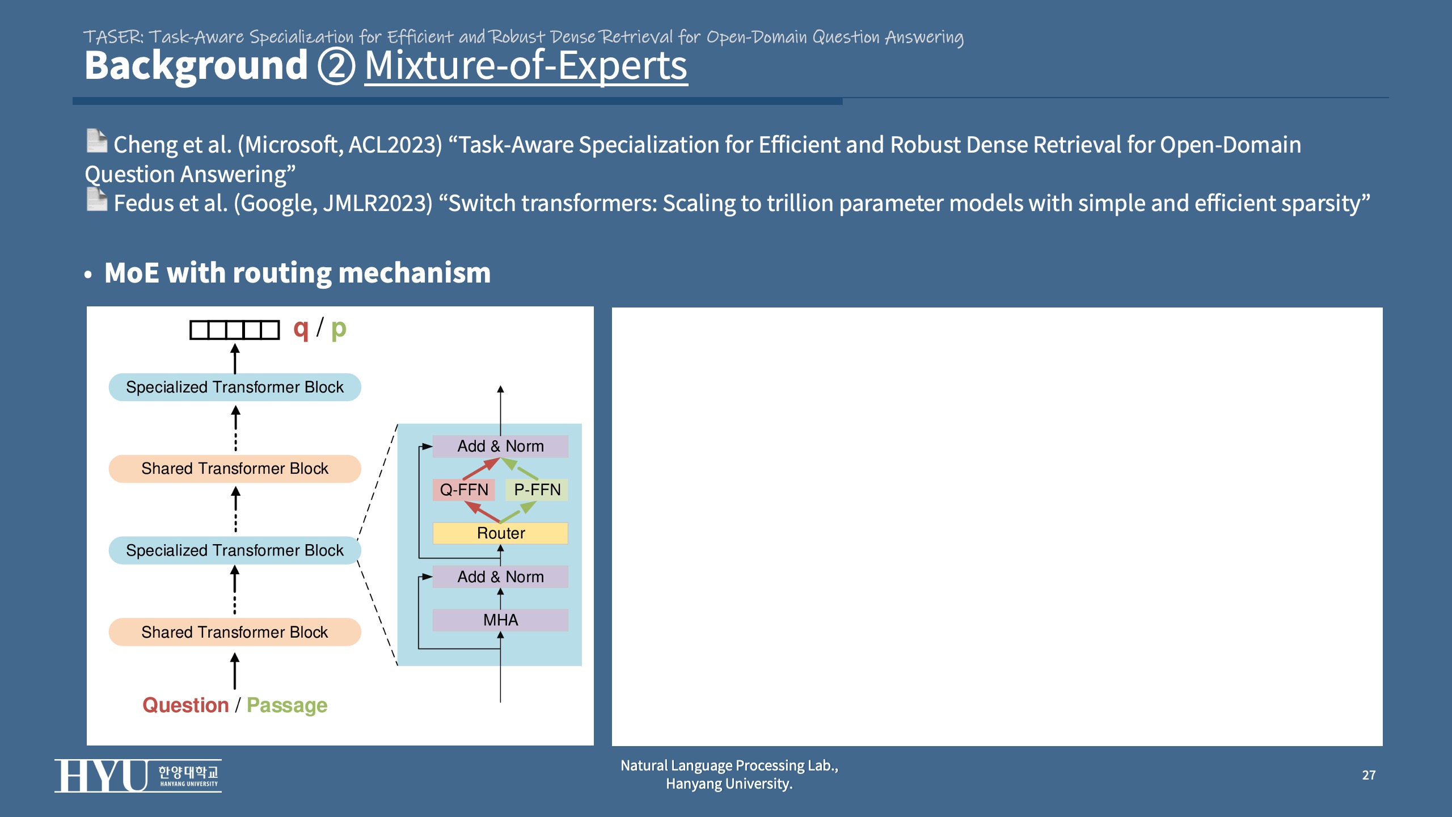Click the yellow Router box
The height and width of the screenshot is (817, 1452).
(x=500, y=533)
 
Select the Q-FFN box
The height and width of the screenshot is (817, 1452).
(x=464, y=490)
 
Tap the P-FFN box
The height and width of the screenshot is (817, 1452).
(x=537, y=490)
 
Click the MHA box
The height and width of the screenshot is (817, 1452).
(x=500, y=620)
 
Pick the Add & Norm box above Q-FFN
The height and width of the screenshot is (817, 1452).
(x=500, y=447)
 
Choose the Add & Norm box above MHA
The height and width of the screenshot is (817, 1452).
(x=500, y=577)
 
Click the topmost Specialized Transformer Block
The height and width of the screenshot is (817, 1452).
(x=235, y=387)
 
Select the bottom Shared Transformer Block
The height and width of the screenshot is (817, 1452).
(x=235, y=632)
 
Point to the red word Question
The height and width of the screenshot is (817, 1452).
(x=185, y=705)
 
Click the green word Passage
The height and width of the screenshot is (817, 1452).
(x=287, y=705)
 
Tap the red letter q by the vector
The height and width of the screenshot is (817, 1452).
(x=301, y=329)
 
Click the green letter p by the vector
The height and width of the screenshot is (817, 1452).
(x=339, y=329)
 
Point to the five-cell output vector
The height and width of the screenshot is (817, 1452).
(x=234, y=330)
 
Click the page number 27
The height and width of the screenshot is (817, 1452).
(x=1369, y=775)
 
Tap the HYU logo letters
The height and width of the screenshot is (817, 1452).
(x=101, y=776)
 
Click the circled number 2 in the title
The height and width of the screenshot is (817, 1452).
(x=336, y=66)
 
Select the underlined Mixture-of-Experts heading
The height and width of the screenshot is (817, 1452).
(x=526, y=66)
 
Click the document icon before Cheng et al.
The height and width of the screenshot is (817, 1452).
(x=97, y=141)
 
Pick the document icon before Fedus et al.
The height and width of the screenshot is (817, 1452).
(x=97, y=200)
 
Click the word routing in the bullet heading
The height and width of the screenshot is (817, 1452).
(x=282, y=273)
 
